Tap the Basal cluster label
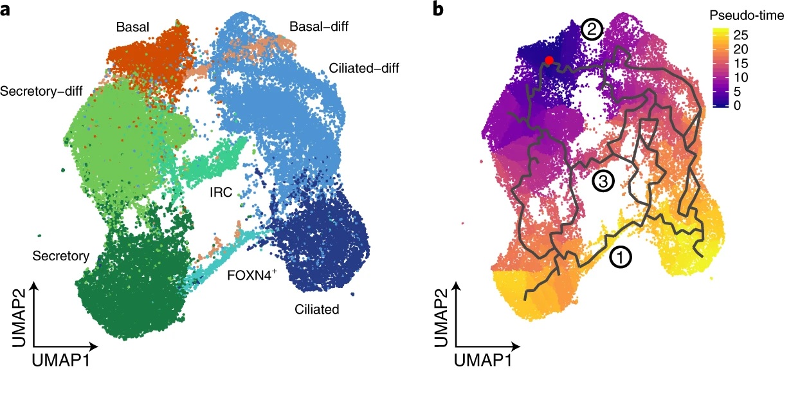point(133,28)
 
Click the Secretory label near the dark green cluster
point(60,256)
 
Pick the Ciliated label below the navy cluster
point(318,310)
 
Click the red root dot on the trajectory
point(549,60)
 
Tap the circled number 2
point(591,29)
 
